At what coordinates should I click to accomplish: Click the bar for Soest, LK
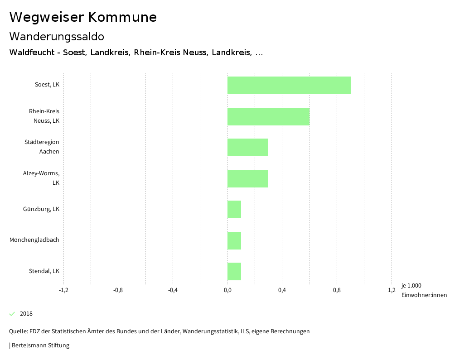289,85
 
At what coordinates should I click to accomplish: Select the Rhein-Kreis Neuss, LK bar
268,116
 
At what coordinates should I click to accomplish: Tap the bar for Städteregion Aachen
247,147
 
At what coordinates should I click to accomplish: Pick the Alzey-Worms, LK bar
247,178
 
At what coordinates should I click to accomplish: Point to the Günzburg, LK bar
234,209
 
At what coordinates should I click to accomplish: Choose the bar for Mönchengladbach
234,240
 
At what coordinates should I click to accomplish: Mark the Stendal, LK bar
234,271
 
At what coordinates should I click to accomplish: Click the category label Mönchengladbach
34,240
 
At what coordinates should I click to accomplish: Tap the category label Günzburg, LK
41,209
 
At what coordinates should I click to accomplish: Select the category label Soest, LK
47,85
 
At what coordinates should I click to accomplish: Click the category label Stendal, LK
44,271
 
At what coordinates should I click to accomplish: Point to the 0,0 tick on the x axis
227,290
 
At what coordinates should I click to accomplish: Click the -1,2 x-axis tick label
63,290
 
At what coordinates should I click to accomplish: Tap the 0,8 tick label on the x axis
337,290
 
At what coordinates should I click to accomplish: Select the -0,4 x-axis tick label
173,290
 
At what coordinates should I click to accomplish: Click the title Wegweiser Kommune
83,17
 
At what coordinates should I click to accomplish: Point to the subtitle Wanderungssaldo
57,36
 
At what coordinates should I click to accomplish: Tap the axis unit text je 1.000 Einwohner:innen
424,290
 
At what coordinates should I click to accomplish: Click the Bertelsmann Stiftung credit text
40,346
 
